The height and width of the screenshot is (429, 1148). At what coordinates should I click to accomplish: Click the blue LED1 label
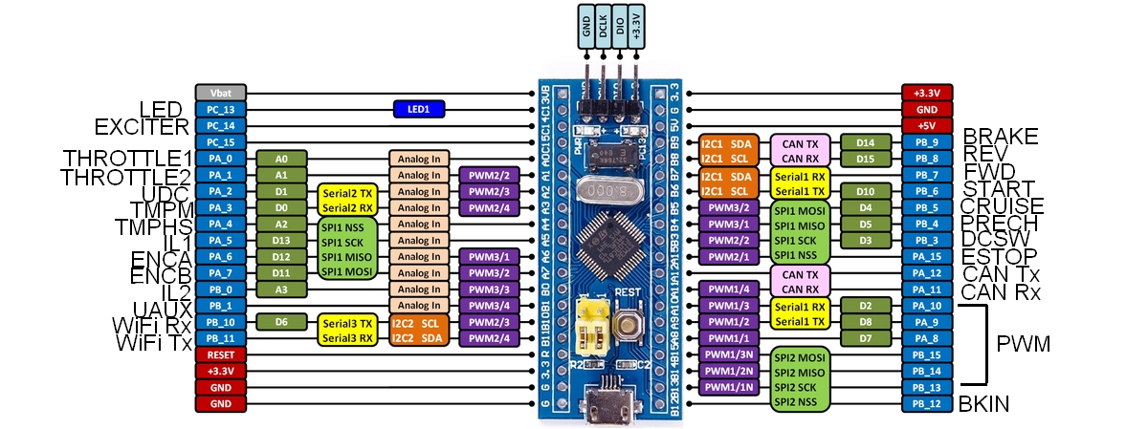click(x=419, y=110)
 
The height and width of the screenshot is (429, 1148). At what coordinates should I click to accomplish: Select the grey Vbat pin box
click(x=221, y=93)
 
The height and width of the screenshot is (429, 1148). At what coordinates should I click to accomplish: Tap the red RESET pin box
click(x=221, y=354)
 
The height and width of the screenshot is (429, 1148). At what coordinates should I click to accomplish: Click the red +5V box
click(x=926, y=125)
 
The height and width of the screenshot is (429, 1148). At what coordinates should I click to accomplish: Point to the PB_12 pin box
click(x=926, y=404)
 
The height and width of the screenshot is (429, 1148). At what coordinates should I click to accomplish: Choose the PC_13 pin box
click(x=221, y=110)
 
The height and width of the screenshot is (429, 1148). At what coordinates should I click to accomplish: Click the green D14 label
click(x=866, y=142)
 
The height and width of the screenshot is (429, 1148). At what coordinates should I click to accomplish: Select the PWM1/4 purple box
click(x=728, y=289)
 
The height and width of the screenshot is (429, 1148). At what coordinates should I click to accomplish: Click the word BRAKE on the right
click(x=1001, y=136)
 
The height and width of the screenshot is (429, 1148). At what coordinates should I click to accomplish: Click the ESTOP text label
click(x=1000, y=256)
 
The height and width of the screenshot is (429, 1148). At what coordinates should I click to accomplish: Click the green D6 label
click(x=281, y=322)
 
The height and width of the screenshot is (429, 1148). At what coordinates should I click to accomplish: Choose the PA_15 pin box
click(x=926, y=256)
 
